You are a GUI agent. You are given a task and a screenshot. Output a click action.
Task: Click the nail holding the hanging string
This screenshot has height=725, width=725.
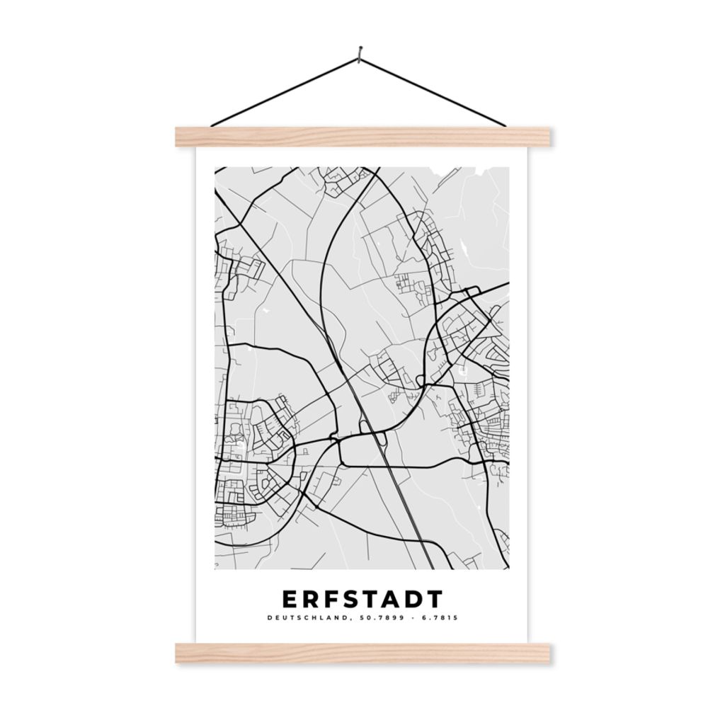click(x=360, y=52)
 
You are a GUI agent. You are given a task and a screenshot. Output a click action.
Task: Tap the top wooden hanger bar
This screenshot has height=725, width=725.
click(x=362, y=137)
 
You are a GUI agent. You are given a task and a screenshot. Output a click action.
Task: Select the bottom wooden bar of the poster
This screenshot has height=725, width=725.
click(x=362, y=653)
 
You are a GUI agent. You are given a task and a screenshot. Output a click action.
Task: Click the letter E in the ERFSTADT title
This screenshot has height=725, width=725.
click(x=290, y=599)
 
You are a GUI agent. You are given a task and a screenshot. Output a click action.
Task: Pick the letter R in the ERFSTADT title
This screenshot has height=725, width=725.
click(x=312, y=599)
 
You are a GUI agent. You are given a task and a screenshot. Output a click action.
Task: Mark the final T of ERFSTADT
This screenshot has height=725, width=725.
click(x=433, y=599)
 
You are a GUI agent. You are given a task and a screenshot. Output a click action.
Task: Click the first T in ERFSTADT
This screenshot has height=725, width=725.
click(x=371, y=599)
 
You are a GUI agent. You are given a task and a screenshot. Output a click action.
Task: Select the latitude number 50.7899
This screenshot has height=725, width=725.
click(x=375, y=617)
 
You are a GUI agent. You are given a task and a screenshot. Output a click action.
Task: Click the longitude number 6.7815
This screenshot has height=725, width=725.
click(x=440, y=617)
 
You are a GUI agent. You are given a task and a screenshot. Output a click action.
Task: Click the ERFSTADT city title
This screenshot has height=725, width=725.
click(x=362, y=599)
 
